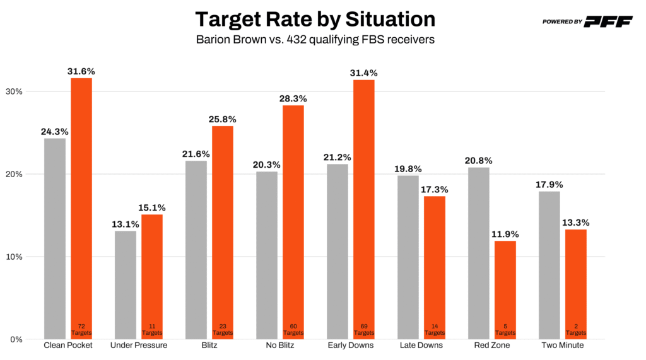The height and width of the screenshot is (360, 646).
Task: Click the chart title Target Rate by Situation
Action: (315, 19)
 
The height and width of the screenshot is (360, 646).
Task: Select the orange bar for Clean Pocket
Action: (81, 208)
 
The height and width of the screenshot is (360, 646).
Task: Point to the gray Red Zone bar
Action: (479, 253)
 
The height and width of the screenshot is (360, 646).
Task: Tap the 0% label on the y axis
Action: (15, 340)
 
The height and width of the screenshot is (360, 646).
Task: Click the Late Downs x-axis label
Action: (421, 345)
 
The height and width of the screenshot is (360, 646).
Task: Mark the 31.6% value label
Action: (81, 71)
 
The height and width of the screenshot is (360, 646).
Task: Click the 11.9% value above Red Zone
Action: (505, 234)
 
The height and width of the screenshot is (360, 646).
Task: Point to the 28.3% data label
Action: (293, 98)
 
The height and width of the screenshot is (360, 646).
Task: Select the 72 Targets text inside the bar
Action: (81, 329)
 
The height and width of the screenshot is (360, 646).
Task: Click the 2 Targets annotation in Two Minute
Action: (576, 329)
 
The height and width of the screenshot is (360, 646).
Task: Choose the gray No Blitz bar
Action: (267, 255)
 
